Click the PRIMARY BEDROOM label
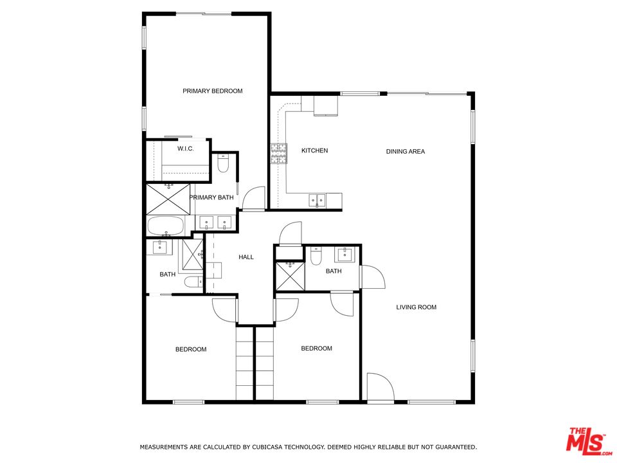coord(213,91)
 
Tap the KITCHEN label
coord(314,150)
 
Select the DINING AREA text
coord(406,151)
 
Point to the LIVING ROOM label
coord(416,307)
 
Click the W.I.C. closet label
coord(185,149)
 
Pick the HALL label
coord(246,257)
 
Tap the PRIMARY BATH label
coord(211,197)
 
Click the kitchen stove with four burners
coord(278,154)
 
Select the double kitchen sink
coord(317,201)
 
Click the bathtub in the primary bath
coord(166,226)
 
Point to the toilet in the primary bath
coord(223,163)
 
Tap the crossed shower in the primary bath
coord(168,199)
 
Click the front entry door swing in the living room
coord(380,388)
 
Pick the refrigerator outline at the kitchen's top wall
coord(325,105)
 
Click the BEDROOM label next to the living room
coord(316,348)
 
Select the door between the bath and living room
coord(372,277)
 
